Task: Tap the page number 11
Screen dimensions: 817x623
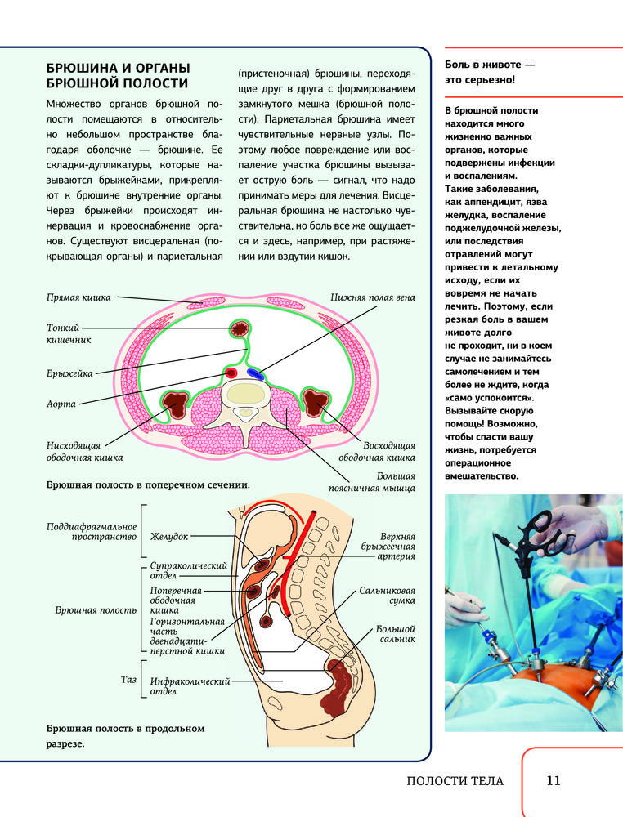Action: pos(553,780)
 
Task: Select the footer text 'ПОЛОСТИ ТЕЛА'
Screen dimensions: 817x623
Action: pos(455,781)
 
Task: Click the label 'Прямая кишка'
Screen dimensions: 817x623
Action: pos(78,298)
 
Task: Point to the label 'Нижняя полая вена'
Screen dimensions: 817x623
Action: pos(373,298)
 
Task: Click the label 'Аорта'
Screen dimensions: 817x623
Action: pos(61,404)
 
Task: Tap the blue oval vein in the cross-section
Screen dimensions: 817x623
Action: pos(257,374)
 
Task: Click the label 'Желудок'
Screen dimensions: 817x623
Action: pos(169,537)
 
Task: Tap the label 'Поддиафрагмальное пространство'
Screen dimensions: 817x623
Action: pos(92,532)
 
